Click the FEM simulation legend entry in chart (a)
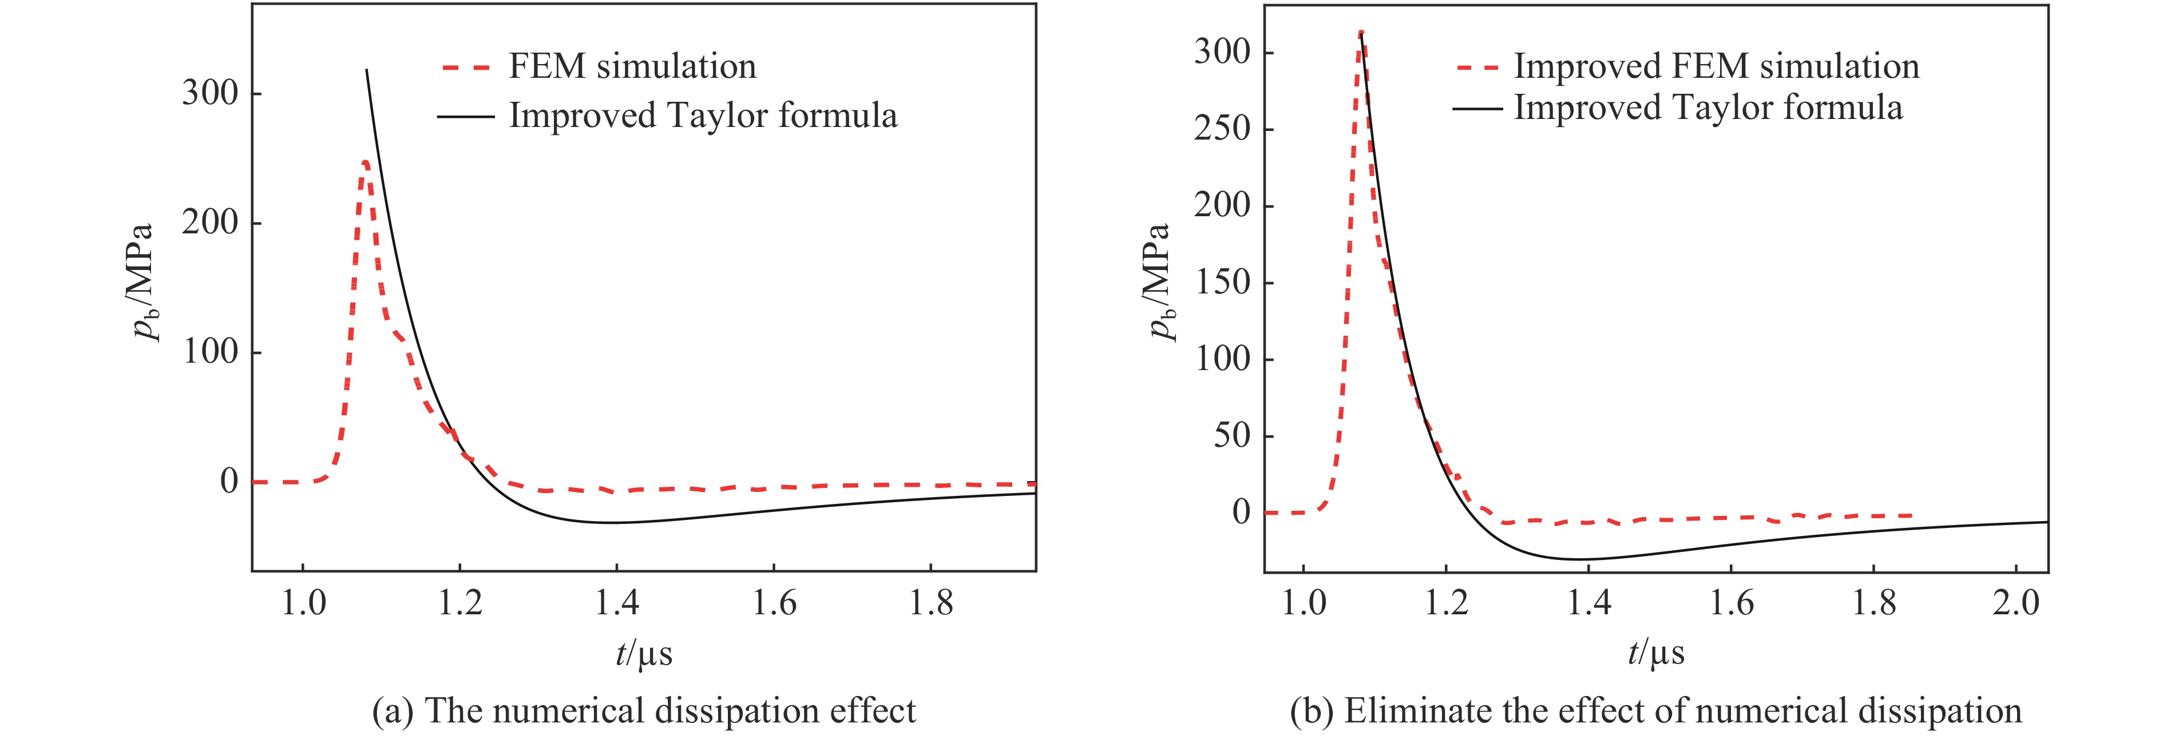(x=631, y=67)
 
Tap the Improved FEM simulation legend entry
(x=1716, y=67)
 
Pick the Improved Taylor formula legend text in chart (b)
(x=1707, y=108)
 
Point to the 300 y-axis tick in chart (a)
(x=210, y=93)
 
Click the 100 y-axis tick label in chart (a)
(x=210, y=352)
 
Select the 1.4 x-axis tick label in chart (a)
(x=617, y=603)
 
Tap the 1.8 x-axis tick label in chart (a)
(x=930, y=603)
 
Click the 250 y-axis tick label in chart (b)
(x=1222, y=129)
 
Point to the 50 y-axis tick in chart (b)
(x=1232, y=436)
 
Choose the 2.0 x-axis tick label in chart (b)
(x=2015, y=603)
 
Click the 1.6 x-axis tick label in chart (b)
(x=1730, y=603)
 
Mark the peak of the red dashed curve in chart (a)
(x=365, y=162)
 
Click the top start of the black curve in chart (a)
(x=367, y=70)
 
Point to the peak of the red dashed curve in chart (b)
(x=1360, y=33)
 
